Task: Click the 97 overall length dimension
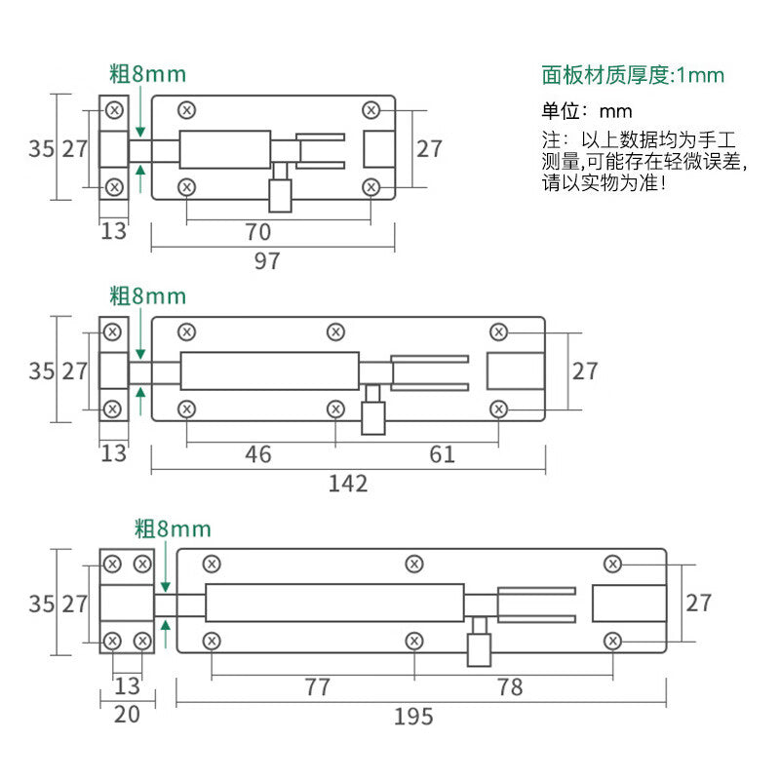coord(267,261)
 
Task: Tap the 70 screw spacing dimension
coord(257,232)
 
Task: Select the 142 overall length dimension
coord(348,484)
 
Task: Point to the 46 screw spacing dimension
coord(257,454)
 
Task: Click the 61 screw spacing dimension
coord(442,454)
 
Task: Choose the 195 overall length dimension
coord(413,717)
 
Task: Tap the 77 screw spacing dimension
coord(317,687)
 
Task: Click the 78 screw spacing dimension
coord(510,687)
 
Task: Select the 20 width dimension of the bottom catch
coord(127,715)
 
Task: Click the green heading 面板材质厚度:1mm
coord(633,75)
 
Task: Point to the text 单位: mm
coord(587,111)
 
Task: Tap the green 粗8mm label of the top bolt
coord(148,74)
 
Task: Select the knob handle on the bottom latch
coord(479,642)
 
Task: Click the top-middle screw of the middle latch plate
coord(335,331)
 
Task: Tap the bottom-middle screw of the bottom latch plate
coord(414,641)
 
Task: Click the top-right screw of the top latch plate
coord(371,110)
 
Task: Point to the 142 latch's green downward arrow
coord(140,333)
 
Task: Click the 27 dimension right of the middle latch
coord(585,371)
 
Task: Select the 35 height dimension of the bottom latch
coord(41,604)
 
